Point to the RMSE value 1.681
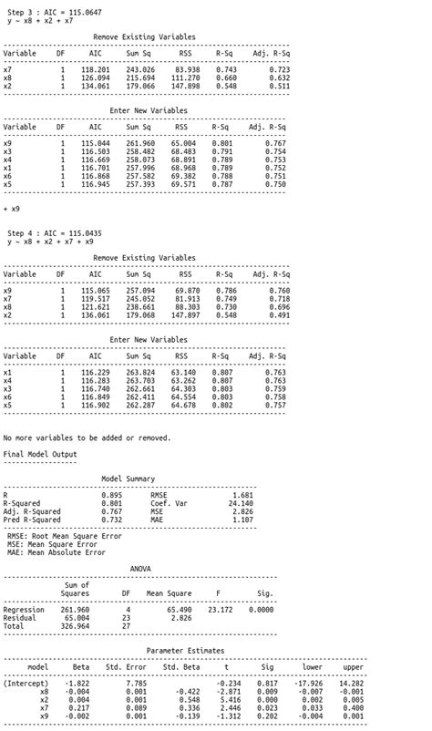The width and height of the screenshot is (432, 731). pyautogui.click(x=242, y=495)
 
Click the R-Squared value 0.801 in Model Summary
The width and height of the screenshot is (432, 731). pyautogui.click(x=112, y=503)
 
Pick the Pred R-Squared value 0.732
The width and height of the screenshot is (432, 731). pyautogui.click(x=112, y=520)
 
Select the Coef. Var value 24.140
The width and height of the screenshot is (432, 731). pyautogui.click(x=240, y=503)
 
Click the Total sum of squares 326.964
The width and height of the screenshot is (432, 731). pyautogui.click(x=75, y=626)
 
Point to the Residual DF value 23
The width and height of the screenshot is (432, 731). pyautogui.click(x=126, y=618)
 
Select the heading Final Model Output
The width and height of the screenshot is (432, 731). pyautogui.click(x=40, y=454)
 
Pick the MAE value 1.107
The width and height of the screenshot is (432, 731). pyautogui.click(x=242, y=520)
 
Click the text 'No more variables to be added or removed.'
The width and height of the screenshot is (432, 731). pyautogui.click(x=87, y=438)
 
